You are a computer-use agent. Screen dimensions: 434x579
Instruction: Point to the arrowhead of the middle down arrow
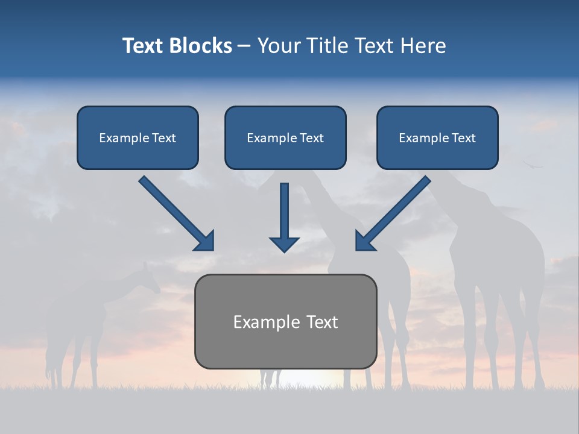pos(284,244)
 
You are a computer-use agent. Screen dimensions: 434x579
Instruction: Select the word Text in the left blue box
pos(164,138)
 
